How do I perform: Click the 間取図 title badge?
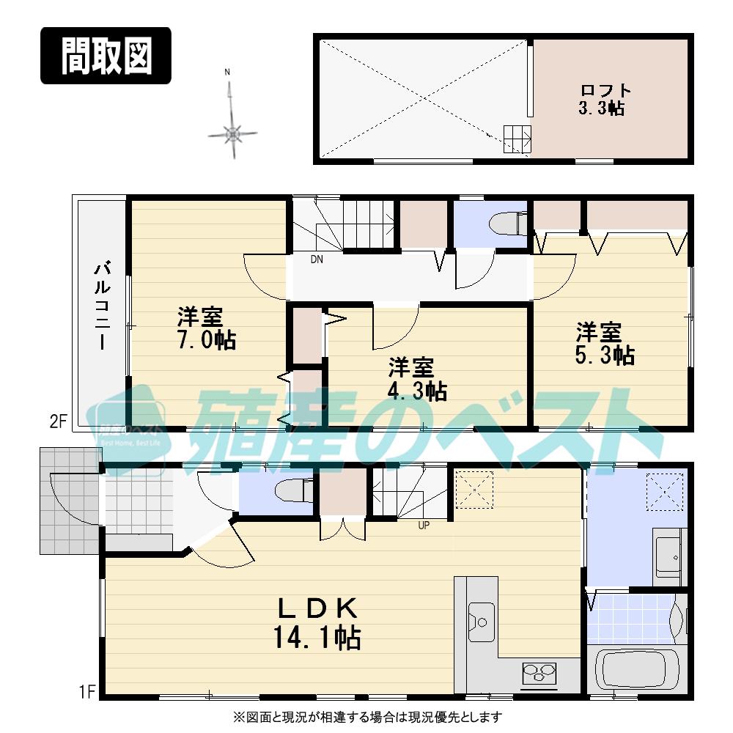(x=106, y=56)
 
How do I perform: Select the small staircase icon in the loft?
(x=516, y=137)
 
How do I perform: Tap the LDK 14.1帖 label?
(x=317, y=622)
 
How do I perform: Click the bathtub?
(x=638, y=671)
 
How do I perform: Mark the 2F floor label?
(x=58, y=421)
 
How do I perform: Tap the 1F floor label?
(x=86, y=691)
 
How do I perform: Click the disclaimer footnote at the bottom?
(x=366, y=717)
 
